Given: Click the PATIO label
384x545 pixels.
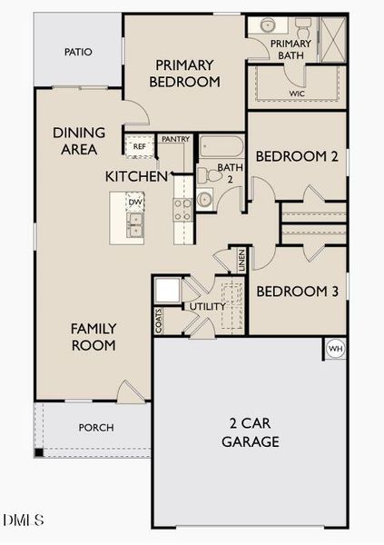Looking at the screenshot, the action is pyautogui.click(x=78, y=52).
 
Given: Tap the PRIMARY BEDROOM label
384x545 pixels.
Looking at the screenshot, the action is pyautogui.click(x=184, y=74).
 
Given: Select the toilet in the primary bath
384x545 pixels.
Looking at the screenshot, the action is pyautogui.click(x=303, y=27).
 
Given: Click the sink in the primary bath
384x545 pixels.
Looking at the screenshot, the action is pyautogui.click(x=268, y=25).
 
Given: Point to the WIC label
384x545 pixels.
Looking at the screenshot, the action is pyautogui.click(x=297, y=94).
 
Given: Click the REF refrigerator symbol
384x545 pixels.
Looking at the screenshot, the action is pyautogui.click(x=140, y=146).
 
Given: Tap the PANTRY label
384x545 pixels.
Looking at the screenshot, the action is pyautogui.click(x=175, y=139).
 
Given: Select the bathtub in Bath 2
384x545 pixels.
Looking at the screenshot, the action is pyautogui.click(x=222, y=146).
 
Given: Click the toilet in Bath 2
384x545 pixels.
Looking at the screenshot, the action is pyautogui.click(x=209, y=175).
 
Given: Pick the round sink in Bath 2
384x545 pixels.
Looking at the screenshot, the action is pyautogui.click(x=204, y=199).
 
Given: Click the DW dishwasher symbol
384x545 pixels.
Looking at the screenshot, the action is pyautogui.click(x=134, y=202).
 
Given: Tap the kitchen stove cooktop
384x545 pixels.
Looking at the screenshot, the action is pyautogui.click(x=182, y=210).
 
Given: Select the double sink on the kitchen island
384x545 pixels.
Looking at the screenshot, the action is pyautogui.click(x=135, y=225).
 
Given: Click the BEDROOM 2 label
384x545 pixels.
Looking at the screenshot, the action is pyautogui.click(x=297, y=156).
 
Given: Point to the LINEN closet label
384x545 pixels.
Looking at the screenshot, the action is pyautogui.click(x=241, y=261).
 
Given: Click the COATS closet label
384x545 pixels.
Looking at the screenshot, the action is pyautogui.click(x=159, y=322).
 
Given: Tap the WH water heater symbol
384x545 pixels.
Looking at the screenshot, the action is pyautogui.click(x=335, y=349).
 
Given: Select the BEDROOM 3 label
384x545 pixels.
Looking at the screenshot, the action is pyautogui.click(x=297, y=292).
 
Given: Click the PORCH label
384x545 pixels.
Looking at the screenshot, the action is pyautogui.click(x=96, y=428).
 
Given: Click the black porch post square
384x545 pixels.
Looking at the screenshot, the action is pyautogui.click(x=38, y=452).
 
